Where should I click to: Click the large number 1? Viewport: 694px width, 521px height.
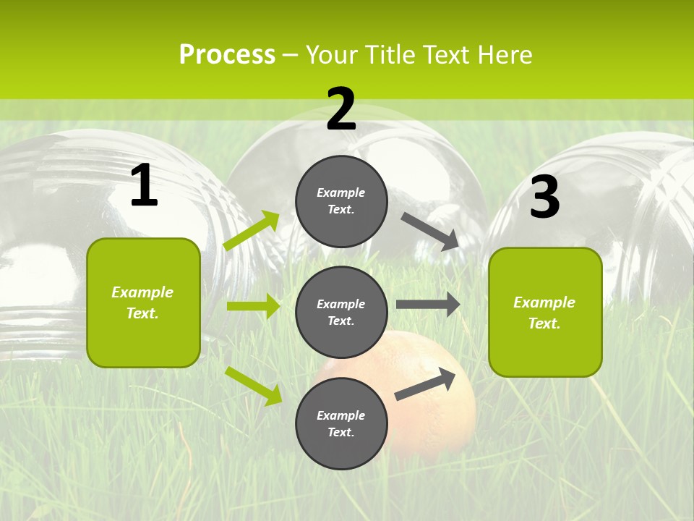click(144, 185)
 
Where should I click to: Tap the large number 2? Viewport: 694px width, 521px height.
click(341, 109)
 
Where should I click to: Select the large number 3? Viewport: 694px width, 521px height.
click(544, 197)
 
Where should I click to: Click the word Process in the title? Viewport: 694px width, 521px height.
click(227, 54)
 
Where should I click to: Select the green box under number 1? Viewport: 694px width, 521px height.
click(143, 302)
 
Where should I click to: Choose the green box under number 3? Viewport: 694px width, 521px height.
click(545, 312)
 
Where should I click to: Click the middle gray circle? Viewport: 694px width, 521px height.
click(341, 312)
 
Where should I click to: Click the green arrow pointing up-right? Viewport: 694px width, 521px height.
click(252, 231)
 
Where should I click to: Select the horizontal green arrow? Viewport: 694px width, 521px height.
click(253, 306)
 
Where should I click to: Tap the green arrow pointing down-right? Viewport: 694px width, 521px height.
click(254, 386)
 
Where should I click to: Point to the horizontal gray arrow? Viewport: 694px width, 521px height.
click(428, 305)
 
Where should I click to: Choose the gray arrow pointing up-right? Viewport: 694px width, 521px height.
click(426, 384)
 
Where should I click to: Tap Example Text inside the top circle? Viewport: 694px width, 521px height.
click(341, 201)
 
